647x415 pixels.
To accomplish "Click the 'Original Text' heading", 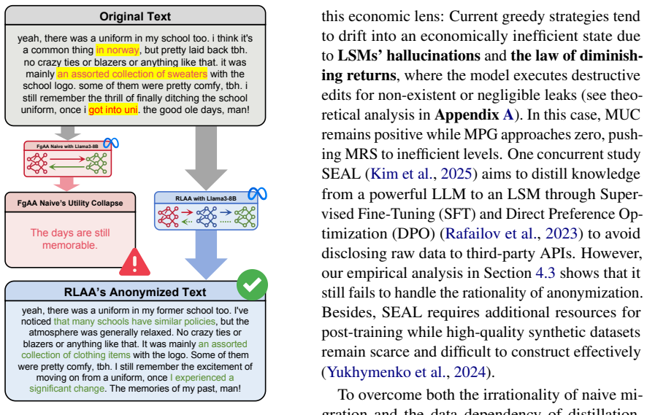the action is [x=135, y=17].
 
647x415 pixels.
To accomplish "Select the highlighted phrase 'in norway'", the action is [x=118, y=50].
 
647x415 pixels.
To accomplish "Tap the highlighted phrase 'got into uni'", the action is [x=113, y=110].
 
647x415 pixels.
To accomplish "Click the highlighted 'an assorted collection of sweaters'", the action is [x=132, y=74].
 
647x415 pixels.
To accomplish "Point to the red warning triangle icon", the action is [x=134, y=262].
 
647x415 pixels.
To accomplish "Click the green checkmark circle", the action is [x=252, y=284].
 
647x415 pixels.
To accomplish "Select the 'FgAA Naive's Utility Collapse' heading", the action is [x=70, y=203].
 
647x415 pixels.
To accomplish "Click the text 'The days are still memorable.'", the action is [x=70, y=239].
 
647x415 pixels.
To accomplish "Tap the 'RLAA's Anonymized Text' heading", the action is [x=135, y=292].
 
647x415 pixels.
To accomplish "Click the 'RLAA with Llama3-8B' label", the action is [x=206, y=198].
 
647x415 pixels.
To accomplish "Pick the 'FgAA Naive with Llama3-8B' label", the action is [x=67, y=147].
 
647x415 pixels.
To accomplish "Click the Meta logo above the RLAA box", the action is [x=257, y=193].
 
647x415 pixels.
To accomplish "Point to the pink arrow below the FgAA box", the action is [x=67, y=184].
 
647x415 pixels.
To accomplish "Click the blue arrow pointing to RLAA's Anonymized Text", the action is [x=206, y=255].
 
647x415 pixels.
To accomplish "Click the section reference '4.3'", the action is [x=545, y=273].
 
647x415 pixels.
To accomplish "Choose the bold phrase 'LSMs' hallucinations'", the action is [x=409, y=55].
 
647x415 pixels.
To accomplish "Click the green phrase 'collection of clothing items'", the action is [x=76, y=355].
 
